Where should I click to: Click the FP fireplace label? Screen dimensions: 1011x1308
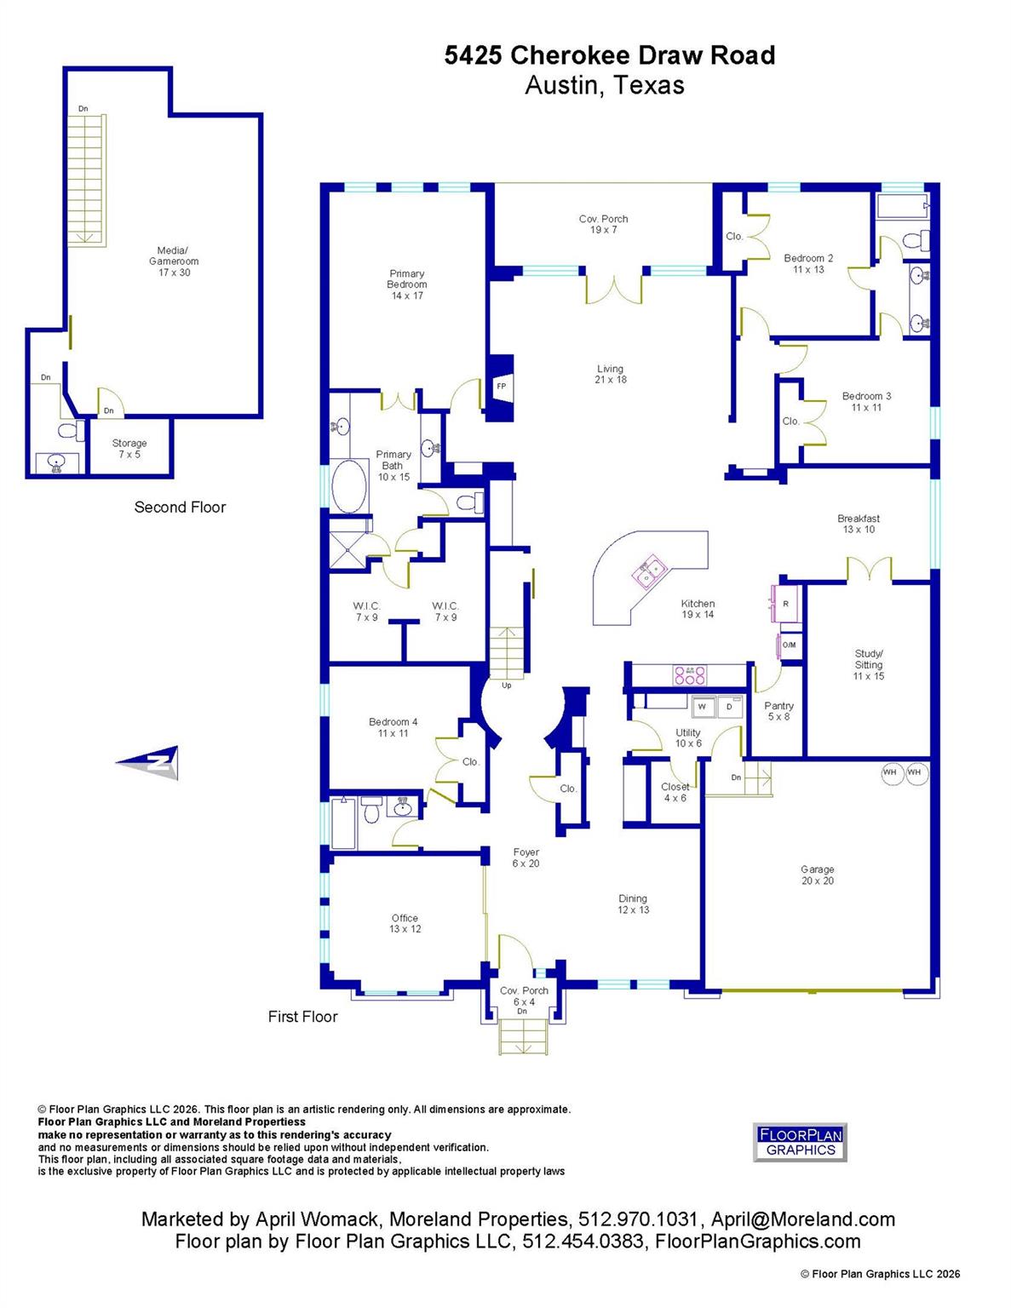pyautogui.click(x=501, y=386)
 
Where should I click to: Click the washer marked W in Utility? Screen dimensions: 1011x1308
pyautogui.click(x=703, y=706)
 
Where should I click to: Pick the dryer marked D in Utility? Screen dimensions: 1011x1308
pyautogui.click(x=729, y=706)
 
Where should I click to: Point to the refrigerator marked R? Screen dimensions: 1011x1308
pyautogui.click(x=784, y=604)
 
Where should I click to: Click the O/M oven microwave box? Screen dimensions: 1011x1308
pyautogui.click(x=789, y=645)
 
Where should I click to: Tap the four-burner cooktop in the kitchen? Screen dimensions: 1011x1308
pyautogui.click(x=690, y=674)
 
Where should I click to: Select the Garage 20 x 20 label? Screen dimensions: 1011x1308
pyautogui.click(x=817, y=875)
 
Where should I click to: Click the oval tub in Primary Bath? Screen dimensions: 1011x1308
pyautogui.click(x=348, y=486)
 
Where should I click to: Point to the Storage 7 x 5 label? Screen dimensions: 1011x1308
pyautogui.click(x=129, y=448)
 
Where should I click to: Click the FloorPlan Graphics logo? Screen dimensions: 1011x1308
pyautogui.click(x=800, y=1142)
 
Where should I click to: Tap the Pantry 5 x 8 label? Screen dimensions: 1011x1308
pyautogui.click(x=778, y=711)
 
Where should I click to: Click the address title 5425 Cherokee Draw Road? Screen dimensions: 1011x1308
pyautogui.click(x=609, y=55)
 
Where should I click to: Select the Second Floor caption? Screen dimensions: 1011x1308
pyautogui.click(x=180, y=507)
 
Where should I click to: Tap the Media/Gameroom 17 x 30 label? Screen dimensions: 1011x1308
pyautogui.click(x=174, y=261)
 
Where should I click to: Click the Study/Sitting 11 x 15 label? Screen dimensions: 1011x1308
pyautogui.click(x=868, y=665)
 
